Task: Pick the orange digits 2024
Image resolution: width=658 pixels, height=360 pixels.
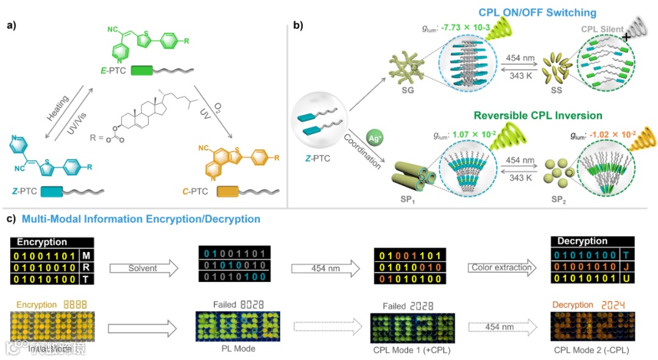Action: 615,304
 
